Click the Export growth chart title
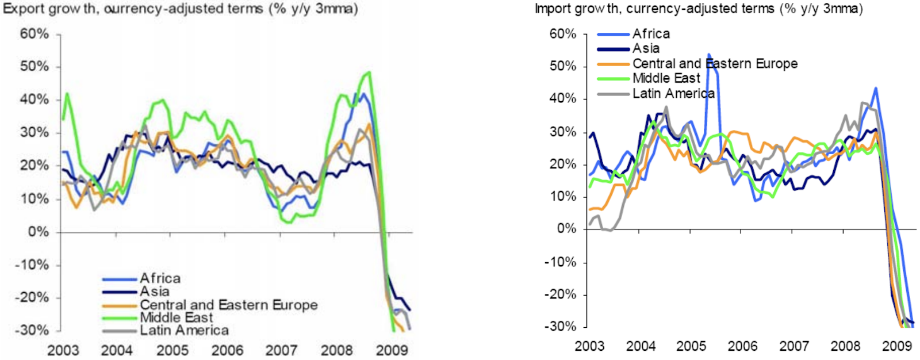point(180,9)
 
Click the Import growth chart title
point(698,9)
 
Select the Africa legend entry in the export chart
point(160,278)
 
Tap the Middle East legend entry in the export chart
point(176,317)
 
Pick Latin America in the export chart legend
point(184,330)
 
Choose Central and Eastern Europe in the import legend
point(715,63)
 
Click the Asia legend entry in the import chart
point(646,48)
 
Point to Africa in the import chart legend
point(651,33)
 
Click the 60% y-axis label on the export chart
point(34,34)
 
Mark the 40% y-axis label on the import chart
point(563,98)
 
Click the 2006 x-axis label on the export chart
point(227,350)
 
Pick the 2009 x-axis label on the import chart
point(896,346)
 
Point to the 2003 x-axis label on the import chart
point(589,346)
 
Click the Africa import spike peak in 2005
point(708,55)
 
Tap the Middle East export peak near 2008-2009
point(369,72)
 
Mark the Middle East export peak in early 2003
point(67,93)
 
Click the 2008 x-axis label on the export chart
point(336,350)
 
